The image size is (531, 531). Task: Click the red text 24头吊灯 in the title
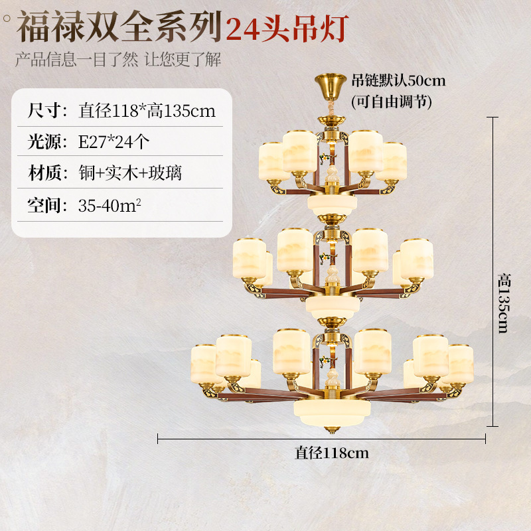pos(287,29)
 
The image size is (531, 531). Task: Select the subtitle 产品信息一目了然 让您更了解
pos(117,60)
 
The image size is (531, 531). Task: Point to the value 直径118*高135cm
pos(147,110)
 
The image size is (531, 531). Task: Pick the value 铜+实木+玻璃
pos(130,174)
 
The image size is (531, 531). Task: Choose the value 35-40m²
pos(110,205)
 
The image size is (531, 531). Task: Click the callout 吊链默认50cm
pos(398,81)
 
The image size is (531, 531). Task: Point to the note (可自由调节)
pos(391,102)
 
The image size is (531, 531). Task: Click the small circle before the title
pos(7,18)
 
